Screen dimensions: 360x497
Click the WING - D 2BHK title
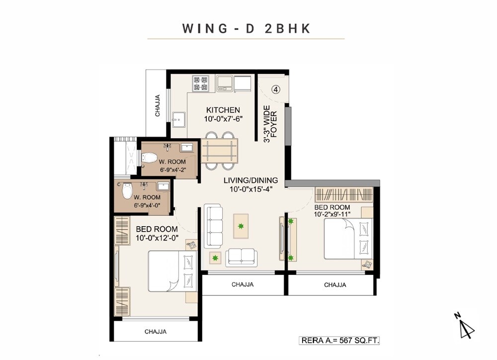click(x=247, y=28)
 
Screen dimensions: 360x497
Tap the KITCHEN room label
click(x=223, y=110)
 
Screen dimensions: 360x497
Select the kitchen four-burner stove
click(x=201, y=83)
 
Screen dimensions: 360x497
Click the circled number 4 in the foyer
click(x=276, y=90)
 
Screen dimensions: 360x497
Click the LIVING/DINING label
click(x=250, y=180)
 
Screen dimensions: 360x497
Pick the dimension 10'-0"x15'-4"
click(x=250, y=189)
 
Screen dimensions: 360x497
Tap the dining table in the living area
click(x=219, y=151)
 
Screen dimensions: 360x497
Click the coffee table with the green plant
click(x=241, y=226)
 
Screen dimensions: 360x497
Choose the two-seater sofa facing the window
click(x=242, y=257)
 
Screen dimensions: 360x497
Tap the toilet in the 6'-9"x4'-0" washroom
click(x=127, y=189)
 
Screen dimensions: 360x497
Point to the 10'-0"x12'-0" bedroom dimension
click(x=157, y=238)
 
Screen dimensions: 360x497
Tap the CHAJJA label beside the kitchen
click(x=158, y=105)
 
